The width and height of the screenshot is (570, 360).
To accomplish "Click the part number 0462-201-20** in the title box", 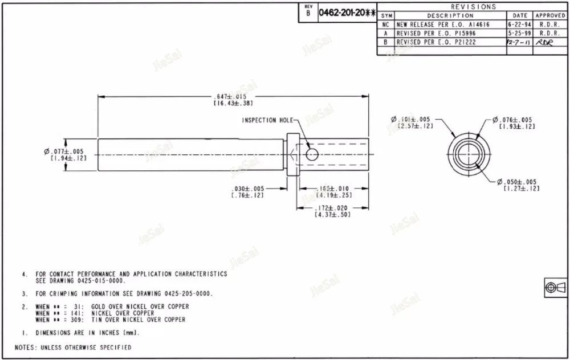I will point(347,12).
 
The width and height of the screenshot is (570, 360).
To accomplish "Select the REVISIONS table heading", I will point(473,7).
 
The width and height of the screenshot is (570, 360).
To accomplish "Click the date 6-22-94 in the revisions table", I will point(520,25).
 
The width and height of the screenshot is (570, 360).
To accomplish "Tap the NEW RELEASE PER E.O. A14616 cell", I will point(435,25).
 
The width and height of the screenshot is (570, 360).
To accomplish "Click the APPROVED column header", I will point(550,15).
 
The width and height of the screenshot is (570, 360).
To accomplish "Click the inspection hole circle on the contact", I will point(312,154).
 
